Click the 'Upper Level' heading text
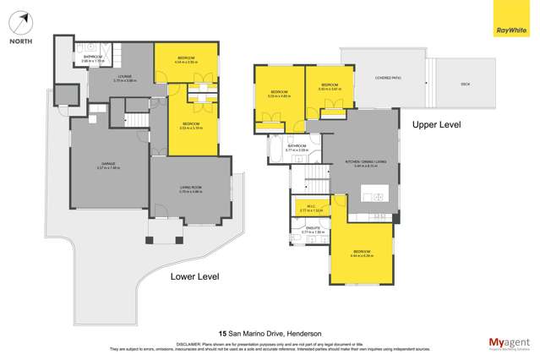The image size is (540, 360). (436, 124)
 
